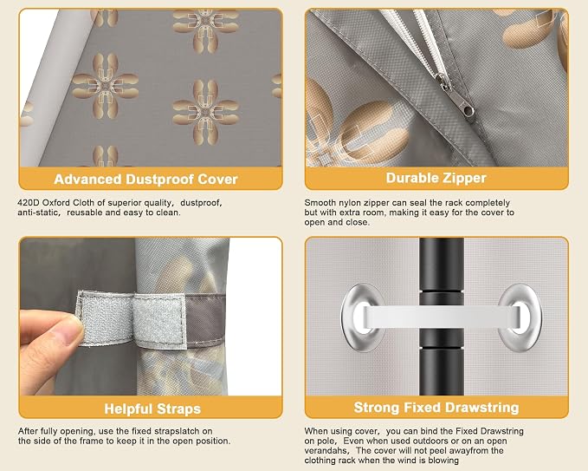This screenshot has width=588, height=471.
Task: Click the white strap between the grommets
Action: pos(442,316)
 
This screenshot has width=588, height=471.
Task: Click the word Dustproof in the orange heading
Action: pos(160,180)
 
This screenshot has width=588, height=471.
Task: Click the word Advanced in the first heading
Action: pos(88,180)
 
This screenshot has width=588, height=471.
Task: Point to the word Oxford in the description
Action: pos(56,203)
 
